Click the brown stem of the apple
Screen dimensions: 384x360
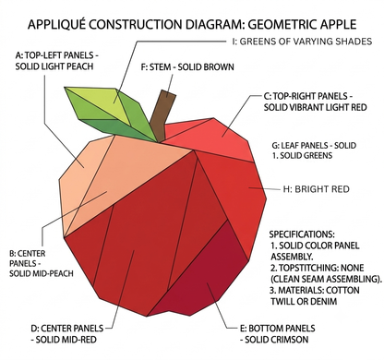(162, 117)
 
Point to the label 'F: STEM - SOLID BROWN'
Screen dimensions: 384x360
(187, 67)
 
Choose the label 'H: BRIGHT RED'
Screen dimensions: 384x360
(317, 189)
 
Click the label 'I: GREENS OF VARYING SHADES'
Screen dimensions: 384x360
(302, 42)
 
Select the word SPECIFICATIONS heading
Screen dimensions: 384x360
(302, 234)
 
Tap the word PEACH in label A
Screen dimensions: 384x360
(79, 66)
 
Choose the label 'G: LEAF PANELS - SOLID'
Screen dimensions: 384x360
(314, 145)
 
